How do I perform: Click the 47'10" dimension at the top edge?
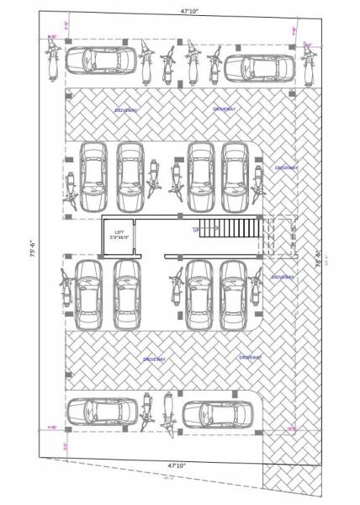pyautogui.click(x=178, y=13)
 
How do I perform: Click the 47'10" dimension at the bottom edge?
pyautogui.click(x=177, y=465)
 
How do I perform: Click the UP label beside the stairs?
pyautogui.click(x=196, y=229)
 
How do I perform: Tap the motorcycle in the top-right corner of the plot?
pyautogui.click(x=305, y=65)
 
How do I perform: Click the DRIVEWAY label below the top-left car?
pyautogui.click(x=126, y=110)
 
